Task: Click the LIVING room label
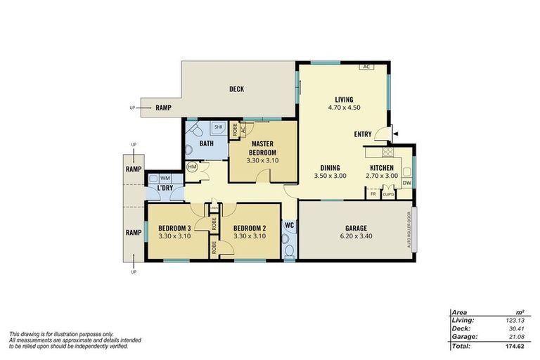point(344,99)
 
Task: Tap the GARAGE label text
point(355,229)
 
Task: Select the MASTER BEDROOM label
point(262,148)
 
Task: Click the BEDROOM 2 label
point(249,228)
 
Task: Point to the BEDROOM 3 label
point(174,228)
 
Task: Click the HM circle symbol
point(192,167)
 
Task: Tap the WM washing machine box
point(165,179)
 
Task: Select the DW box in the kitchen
point(406,184)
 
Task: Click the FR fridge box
point(373,193)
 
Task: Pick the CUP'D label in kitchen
point(388,194)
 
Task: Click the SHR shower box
point(219,128)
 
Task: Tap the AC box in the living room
point(366,67)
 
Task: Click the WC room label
point(289,226)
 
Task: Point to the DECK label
point(236,89)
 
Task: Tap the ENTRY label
point(364,134)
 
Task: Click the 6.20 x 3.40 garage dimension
point(355,236)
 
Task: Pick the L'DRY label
point(165,189)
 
